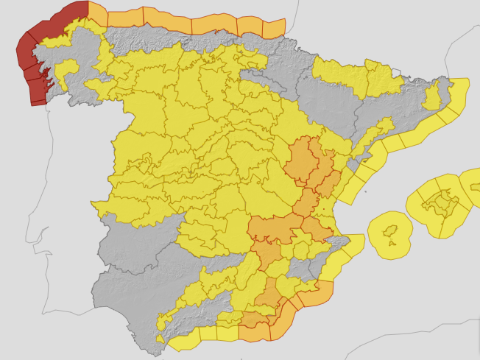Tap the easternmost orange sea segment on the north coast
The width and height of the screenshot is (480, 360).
pos(273,28)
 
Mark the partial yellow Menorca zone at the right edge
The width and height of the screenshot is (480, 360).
pos(471,184)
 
